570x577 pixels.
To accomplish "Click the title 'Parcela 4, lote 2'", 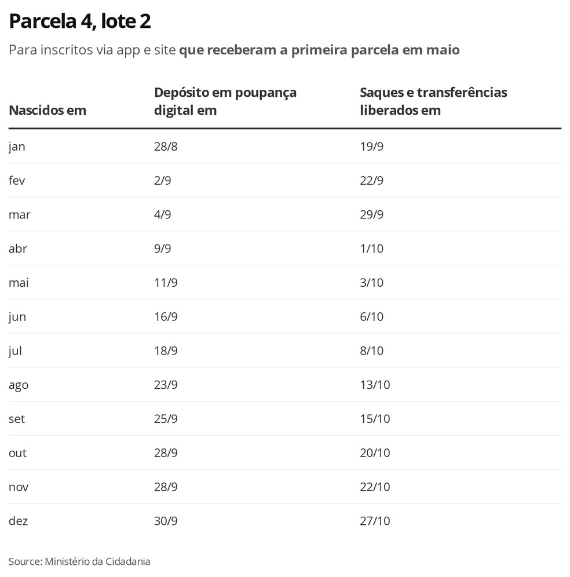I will (x=80, y=22).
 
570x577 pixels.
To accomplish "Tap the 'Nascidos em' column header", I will (x=47, y=110).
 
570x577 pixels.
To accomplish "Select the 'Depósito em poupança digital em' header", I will (x=225, y=101).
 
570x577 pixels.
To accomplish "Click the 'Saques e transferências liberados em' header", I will (x=433, y=101).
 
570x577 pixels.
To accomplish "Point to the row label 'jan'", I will (x=17, y=147).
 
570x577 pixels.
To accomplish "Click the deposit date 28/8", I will (x=166, y=147).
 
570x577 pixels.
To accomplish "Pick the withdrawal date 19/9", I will (x=372, y=147).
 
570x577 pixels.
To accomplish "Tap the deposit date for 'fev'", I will (x=162, y=181).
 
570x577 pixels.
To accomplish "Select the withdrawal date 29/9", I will (x=372, y=215).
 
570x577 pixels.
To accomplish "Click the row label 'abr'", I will (x=18, y=249).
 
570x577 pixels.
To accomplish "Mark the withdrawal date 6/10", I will (x=372, y=317).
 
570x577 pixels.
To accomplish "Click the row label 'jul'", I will (x=15, y=351).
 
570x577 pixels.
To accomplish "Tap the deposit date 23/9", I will (x=166, y=385).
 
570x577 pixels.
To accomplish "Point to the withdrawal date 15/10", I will (x=375, y=419).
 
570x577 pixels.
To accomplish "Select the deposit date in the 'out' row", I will (x=166, y=453).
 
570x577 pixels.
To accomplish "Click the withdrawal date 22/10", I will (x=375, y=487).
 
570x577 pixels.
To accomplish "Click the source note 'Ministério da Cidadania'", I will (x=97, y=561).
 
